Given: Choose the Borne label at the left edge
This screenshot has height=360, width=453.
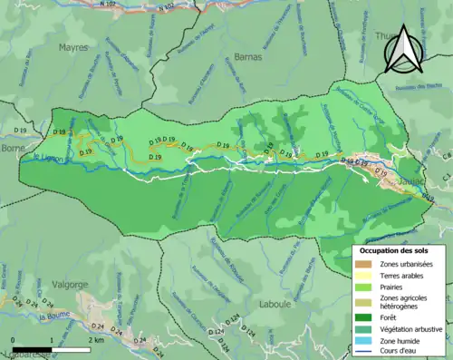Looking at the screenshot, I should pos(13,147).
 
